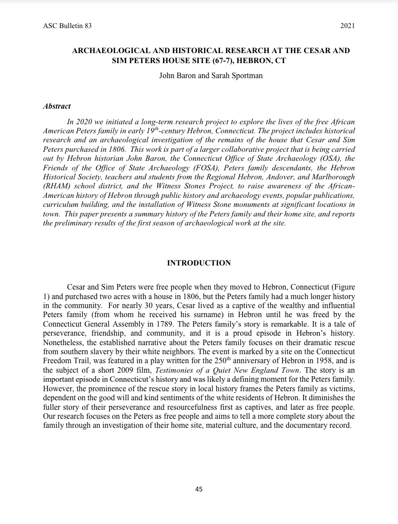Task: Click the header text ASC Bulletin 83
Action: click(67, 26)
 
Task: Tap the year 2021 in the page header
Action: click(347, 26)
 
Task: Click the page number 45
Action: click(199, 489)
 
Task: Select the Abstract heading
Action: click(56, 106)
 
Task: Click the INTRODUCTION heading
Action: click(199, 263)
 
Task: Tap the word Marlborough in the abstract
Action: click(332, 177)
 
